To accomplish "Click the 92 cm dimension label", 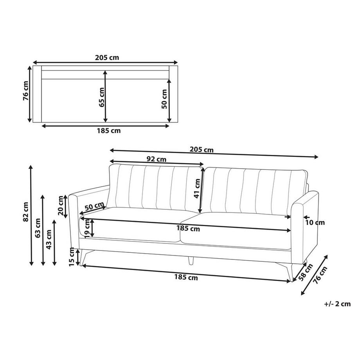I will click(x=156, y=159).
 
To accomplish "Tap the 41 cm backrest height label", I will click(x=197, y=188).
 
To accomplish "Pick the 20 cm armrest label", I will click(x=61, y=205).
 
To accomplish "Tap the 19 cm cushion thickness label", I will click(x=87, y=228).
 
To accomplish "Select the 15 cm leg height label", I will click(x=72, y=257).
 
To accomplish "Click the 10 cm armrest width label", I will click(x=315, y=223).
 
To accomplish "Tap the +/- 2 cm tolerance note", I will click(x=337, y=304).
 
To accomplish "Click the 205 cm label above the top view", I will click(x=107, y=58).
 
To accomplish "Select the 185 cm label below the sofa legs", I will click(x=186, y=278).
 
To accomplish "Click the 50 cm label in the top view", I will click(x=164, y=99).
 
